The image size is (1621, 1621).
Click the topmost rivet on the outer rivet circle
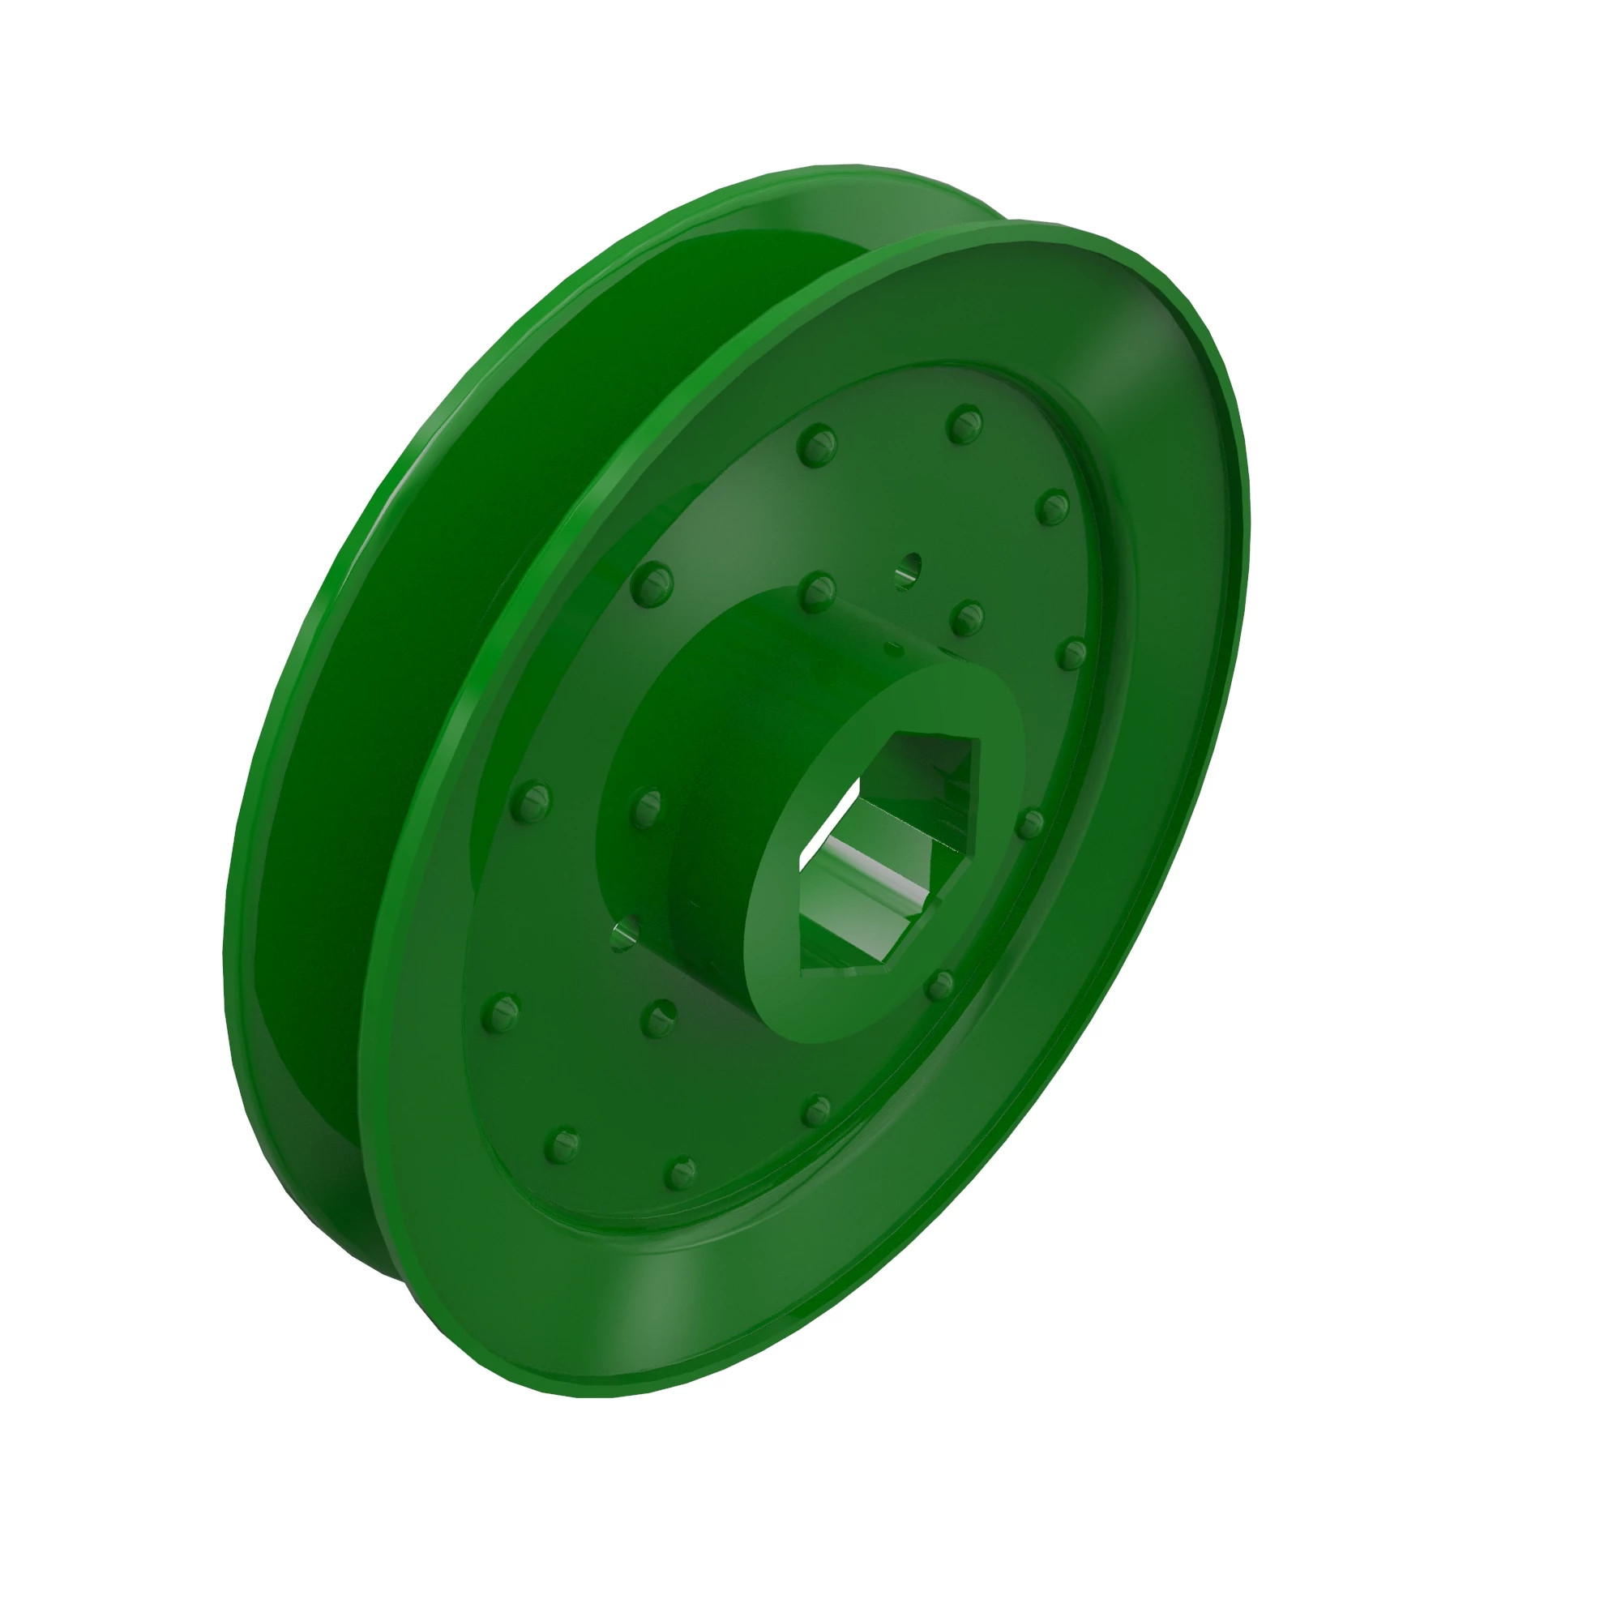coord(964,426)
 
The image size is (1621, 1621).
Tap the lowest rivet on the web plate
coord(680,1173)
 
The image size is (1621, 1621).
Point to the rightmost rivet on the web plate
coord(1071,653)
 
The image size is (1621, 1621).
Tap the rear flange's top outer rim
coord(848,170)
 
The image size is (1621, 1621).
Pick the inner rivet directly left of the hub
coord(647,807)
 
